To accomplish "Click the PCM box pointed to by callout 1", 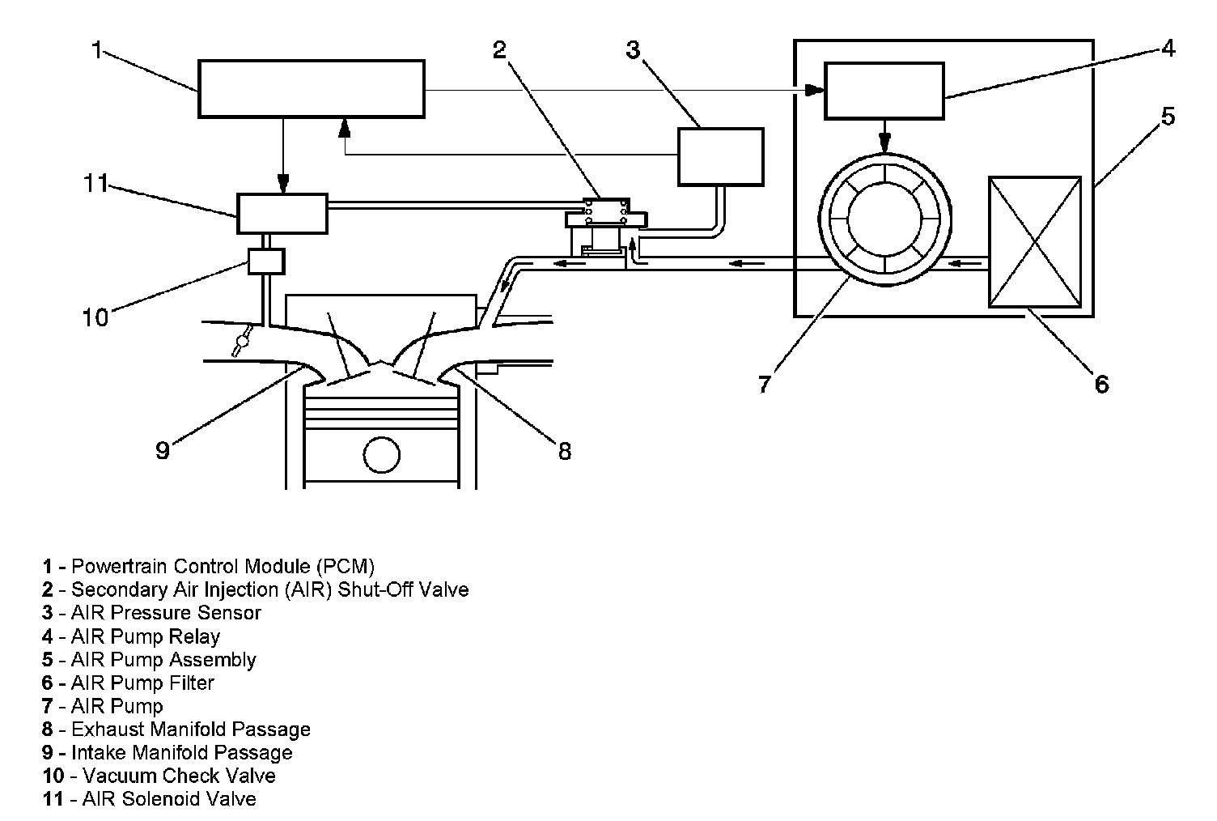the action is (312, 88).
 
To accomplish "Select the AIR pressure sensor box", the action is (721, 157).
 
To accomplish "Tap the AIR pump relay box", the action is (884, 91).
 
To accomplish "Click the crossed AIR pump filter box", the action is (1035, 242).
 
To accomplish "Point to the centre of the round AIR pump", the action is (885, 219).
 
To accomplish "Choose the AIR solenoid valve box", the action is (282, 214).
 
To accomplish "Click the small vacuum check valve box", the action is (266, 262).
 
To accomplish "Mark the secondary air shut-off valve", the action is (606, 228).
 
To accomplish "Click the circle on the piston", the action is (381, 454).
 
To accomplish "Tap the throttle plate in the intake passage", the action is (242, 341).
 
